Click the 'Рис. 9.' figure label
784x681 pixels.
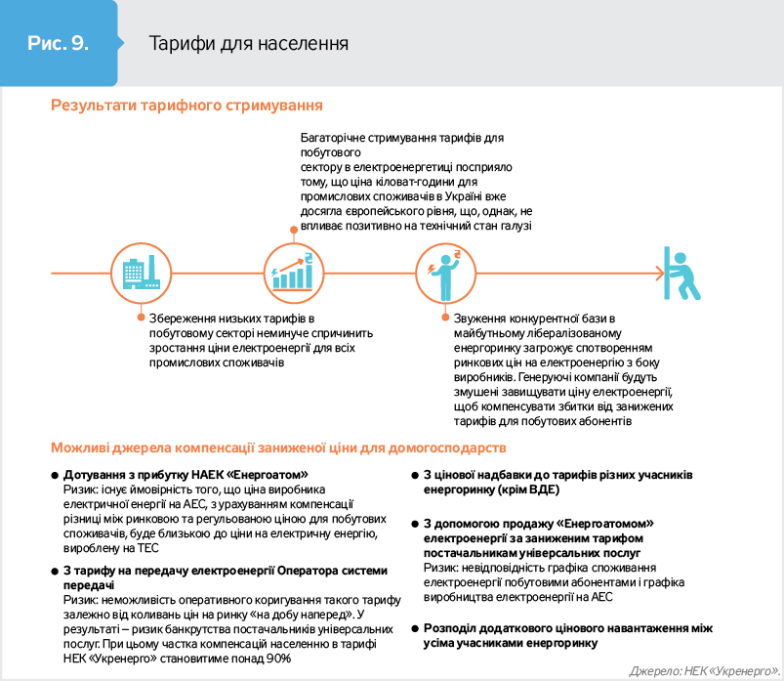click(60, 44)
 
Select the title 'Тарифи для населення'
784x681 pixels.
click(248, 44)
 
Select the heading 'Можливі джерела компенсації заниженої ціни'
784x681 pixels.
click(278, 447)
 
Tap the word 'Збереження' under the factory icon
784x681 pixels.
click(182, 319)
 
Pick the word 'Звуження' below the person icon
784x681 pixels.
click(480, 319)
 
